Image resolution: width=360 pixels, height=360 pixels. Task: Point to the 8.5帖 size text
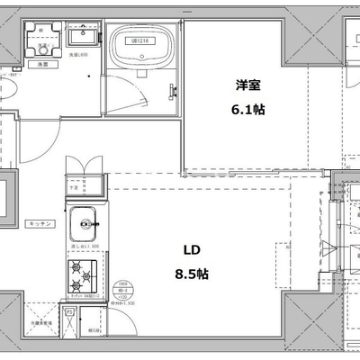[x=192, y=272]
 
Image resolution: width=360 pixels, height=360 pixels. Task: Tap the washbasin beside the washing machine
[x=83, y=39]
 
